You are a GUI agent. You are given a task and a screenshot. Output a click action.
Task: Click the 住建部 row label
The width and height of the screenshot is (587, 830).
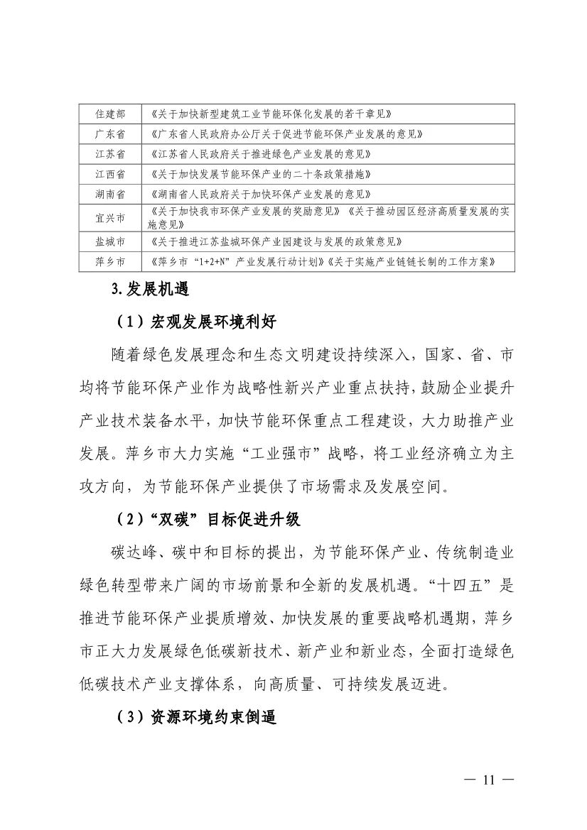(x=110, y=114)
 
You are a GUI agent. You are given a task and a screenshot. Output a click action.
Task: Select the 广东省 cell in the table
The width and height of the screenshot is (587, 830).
(x=110, y=133)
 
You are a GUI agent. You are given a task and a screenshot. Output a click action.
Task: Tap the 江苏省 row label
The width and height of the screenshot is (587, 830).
(x=110, y=153)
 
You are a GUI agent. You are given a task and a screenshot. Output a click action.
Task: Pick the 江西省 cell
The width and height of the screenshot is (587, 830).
(x=110, y=173)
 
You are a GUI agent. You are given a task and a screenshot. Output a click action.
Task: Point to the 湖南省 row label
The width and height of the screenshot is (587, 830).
(x=110, y=193)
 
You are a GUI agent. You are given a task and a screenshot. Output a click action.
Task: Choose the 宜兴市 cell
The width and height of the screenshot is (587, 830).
(x=110, y=217)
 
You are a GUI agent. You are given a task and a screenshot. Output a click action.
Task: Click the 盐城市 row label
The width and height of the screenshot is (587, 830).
(x=110, y=241)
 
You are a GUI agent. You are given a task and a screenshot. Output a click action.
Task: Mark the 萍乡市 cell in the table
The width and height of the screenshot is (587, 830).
(x=110, y=261)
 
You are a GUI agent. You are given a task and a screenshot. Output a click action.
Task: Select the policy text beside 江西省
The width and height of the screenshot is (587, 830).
(x=260, y=173)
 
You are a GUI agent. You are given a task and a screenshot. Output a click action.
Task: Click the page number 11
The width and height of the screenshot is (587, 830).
(x=488, y=780)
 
